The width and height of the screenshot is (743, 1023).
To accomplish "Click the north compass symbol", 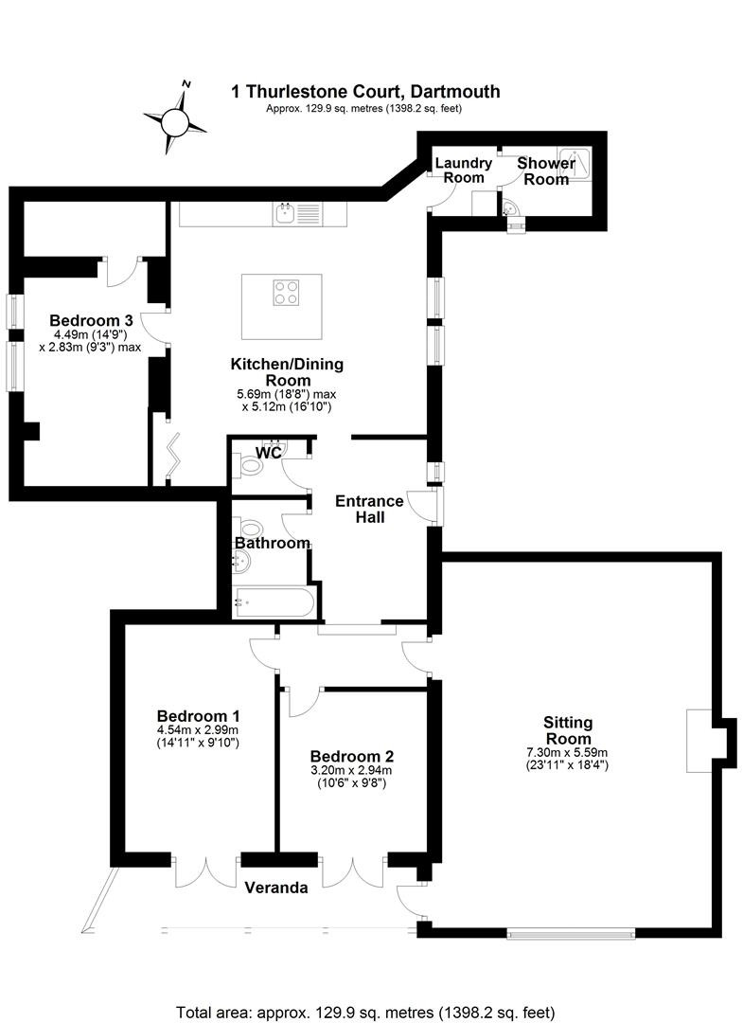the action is click(x=176, y=118).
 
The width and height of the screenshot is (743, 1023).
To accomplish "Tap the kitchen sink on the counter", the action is click(x=297, y=213).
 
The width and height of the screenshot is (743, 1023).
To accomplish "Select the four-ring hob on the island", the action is click(x=286, y=293).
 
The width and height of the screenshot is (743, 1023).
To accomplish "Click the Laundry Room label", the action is click(x=464, y=170).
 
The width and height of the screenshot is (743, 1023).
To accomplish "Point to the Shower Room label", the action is click(x=546, y=171).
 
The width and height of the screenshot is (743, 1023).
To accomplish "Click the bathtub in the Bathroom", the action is click(x=274, y=602).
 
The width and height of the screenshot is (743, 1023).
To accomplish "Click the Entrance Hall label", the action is click(x=369, y=509).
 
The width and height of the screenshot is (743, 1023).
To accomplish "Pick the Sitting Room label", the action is click(x=568, y=730).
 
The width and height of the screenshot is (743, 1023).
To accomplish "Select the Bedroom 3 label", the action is click(x=91, y=320).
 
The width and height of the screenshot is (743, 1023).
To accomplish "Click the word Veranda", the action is click(x=276, y=888).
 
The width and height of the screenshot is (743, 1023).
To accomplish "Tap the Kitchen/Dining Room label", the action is click(x=287, y=372).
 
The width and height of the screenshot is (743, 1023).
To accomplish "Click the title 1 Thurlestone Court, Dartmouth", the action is click(x=365, y=91).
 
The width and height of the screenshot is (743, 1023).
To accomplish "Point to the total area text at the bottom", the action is click(x=365, y=1013).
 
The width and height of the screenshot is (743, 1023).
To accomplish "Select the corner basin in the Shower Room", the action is click(x=509, y=208).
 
